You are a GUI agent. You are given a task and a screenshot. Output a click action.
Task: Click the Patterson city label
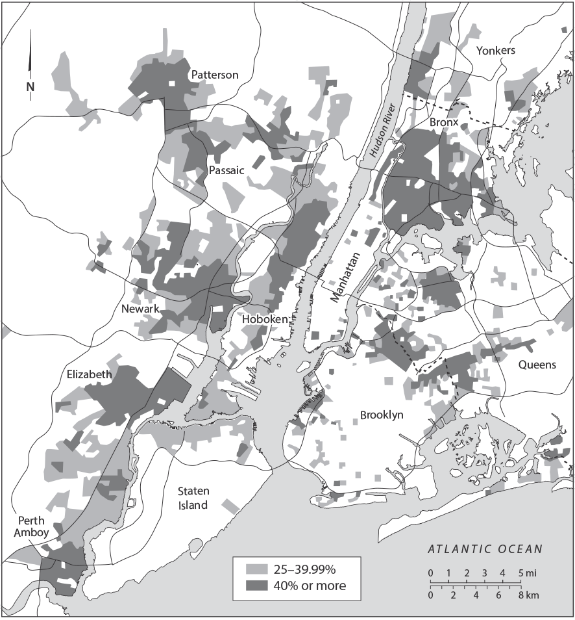point(214,75)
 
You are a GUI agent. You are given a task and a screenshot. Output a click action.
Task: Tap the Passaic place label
point(226,170)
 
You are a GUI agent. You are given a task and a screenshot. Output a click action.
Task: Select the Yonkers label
point(495,51)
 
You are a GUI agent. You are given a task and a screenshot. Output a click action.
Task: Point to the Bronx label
point(444,122)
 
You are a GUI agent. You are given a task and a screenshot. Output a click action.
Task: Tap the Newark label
point(140,309)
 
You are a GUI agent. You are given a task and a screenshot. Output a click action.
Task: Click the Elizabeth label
point(89,374)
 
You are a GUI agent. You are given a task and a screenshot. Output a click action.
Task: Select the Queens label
point(537,365)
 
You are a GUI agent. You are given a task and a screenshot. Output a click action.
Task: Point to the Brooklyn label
point(382,415)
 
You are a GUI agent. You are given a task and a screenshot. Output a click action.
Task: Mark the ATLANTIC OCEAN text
point(485,549)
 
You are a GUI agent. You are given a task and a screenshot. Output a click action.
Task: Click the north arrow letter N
point(30,86)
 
